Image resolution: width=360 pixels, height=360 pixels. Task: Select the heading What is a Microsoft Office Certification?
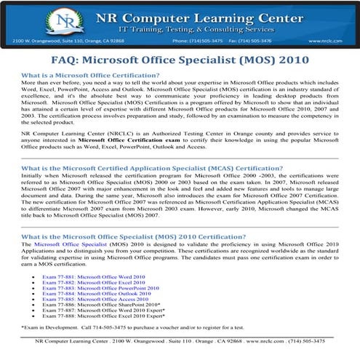91,76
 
